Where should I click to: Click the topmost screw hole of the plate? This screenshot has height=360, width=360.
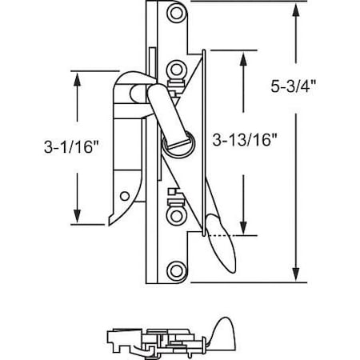(175, 14)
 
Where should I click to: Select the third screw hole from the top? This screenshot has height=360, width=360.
(174, 214)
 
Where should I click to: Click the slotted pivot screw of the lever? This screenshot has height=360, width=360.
(174, 144)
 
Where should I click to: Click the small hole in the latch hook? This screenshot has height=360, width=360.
(124, 194)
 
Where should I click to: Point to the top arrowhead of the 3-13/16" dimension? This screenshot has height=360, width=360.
(243, 54)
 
